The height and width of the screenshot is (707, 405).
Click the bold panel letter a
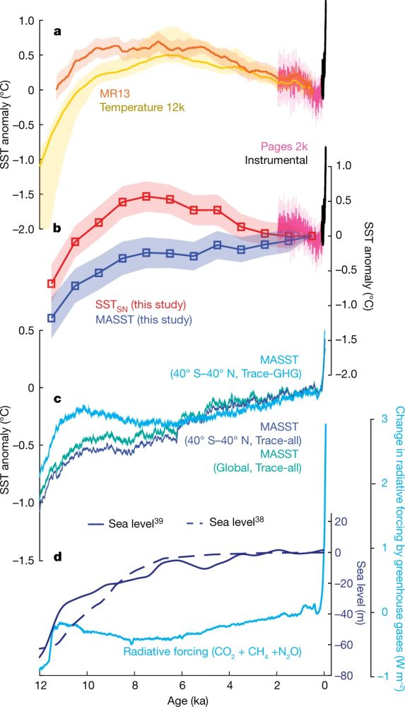click(x=60, y=33)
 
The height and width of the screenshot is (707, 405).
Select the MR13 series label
click(x=116, y=94)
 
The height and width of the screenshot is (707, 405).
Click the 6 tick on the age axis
click(x=182, y=684)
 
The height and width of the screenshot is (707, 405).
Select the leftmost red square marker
click(x=51, y=284)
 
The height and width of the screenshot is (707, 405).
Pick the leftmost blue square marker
click(x=51, y=318)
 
